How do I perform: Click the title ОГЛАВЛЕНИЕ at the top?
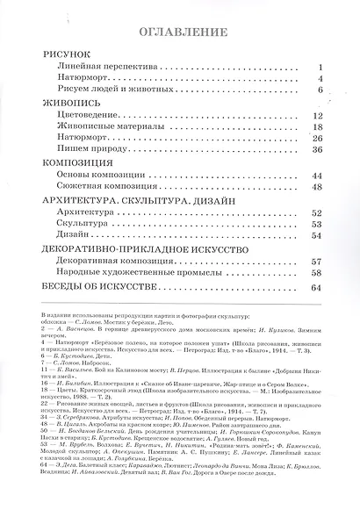[x=179, y=32]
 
